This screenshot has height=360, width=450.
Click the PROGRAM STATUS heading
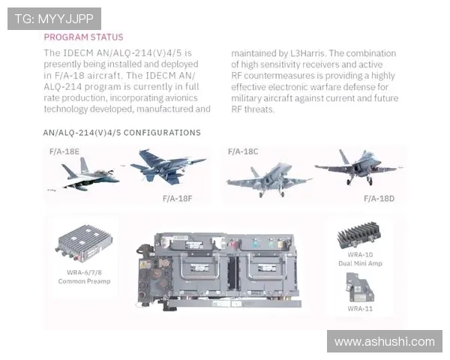click(x=83, y=37)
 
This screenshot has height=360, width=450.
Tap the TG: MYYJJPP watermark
click(x=54, y=19)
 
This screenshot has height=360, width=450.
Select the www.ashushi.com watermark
click(x=385, y=342)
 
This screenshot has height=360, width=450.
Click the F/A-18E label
click(x=64, y=151)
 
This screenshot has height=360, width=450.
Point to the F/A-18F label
click(x=177, y=199)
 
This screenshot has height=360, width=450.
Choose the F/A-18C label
click(x=243, y=151)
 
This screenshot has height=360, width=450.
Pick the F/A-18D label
click(x=379, y=199)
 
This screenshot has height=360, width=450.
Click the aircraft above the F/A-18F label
click(x=168, y=166)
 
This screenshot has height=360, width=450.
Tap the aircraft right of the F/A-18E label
click(x=86, y=175)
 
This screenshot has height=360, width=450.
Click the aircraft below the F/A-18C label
click(x=268, y=179)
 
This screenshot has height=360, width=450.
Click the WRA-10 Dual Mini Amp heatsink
click(x=359, y=235)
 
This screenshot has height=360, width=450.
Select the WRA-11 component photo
click(x=360, y=288)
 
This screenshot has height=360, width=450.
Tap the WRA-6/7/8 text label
click(x=84, y=272)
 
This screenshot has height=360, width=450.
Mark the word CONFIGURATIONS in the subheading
click(x=162, y=133)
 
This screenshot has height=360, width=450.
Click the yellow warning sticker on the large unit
click(x=143, y=265)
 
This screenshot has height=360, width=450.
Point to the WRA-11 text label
click(x=360, y=308)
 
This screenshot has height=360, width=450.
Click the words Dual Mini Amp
click(x=360, y=263)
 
